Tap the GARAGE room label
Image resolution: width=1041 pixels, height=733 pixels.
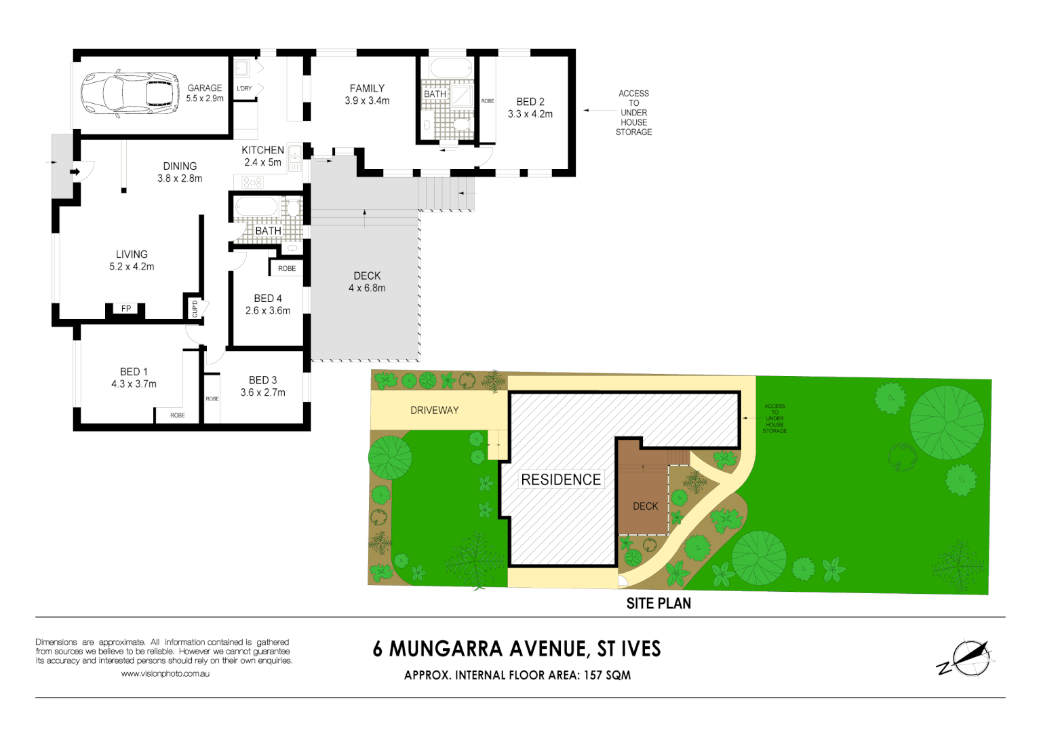205,88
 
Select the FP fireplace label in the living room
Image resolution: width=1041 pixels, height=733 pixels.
126,309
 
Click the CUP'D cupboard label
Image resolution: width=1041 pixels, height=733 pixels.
195,309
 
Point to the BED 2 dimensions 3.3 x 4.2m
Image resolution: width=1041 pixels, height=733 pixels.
530,114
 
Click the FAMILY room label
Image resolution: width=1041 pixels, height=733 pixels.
367,88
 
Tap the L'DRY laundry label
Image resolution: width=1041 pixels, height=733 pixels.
244,89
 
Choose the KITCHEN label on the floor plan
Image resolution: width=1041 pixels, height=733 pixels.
262,150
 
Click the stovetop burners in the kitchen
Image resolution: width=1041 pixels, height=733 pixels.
252,182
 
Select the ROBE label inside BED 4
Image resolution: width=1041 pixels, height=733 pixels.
287,269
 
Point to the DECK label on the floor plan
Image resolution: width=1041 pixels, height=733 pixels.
367,276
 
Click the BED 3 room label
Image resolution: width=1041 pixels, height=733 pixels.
263,380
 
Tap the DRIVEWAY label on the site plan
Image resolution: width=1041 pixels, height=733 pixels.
435,411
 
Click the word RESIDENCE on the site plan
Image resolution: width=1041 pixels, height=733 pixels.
561,480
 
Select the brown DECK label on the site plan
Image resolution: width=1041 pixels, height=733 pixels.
645,506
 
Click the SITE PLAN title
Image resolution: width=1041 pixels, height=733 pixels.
659,603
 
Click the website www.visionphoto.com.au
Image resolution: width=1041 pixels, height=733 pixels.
165,674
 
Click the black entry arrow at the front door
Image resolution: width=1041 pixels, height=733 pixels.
75,172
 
